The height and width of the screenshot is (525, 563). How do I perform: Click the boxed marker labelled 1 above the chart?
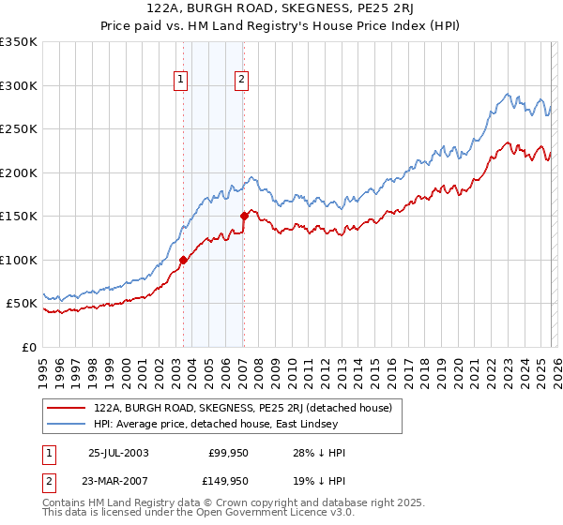(179, 81)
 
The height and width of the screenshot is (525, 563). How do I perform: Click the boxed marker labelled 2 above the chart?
(242, 81)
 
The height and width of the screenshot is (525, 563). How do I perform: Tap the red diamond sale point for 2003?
(184, 260)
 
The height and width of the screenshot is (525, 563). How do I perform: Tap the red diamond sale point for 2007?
(244, 217)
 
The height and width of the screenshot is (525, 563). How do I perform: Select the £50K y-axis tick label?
(23, 304)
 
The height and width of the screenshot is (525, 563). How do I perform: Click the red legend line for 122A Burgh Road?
(68, 408)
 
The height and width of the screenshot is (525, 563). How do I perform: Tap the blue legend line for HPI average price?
(68, 424)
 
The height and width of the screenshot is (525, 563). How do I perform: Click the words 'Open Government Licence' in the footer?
(253, 513)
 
